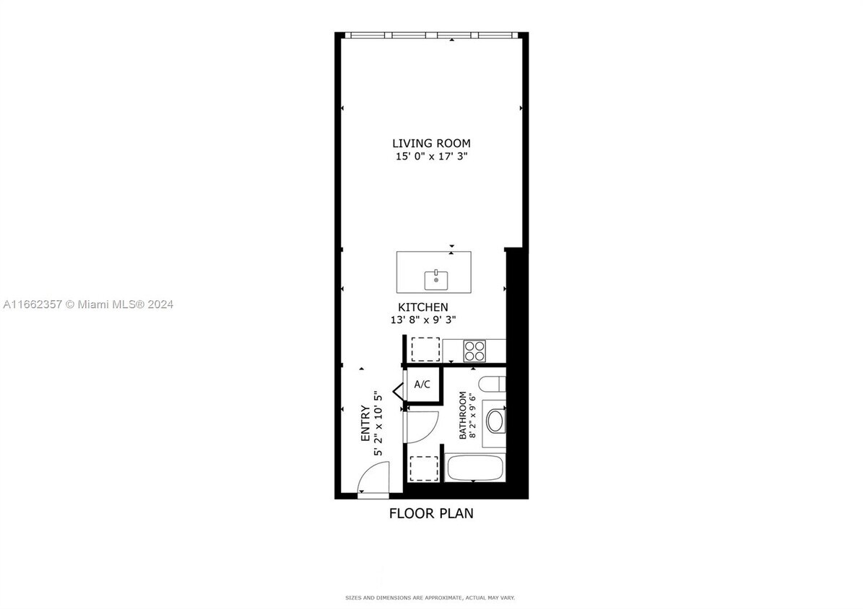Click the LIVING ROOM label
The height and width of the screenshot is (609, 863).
pyautogui.click(x=431, y=144)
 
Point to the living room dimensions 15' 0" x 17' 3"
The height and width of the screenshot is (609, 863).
pyautogui.click(x=431, y=156)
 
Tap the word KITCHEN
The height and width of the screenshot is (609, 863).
pyautogui.click(x=422, y=307)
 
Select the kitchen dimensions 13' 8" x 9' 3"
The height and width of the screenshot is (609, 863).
pyautogui.click(x=422, y=320)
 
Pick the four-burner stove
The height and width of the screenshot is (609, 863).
pyautogui.click(x=474, y=351)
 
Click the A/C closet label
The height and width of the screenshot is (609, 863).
pyautogui.click(x=422, y=385)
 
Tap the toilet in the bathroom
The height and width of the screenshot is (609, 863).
pyautogui.click(x=493, y=384)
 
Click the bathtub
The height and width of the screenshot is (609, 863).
pyautogui.click(x=474, y=469)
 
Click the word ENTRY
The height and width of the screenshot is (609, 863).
pyautogui.click(x=365, y=424)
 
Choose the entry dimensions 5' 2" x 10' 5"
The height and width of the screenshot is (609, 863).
pyautogui.click(x=377, y=424)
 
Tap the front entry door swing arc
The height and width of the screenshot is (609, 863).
pyautogui.click(x=374, y=480)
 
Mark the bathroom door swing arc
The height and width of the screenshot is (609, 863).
pyautogui.click(x=422, y=426)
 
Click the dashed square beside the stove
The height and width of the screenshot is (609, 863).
pyautogui.click(x=425, y=349)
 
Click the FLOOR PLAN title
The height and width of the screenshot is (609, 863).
pyautogui.click(x=431, y=514)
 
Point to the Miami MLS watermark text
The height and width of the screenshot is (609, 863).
pyautogui.click(x=87, y=304)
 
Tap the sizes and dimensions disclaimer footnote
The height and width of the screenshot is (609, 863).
pyautogui.click(x=430, y=597)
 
